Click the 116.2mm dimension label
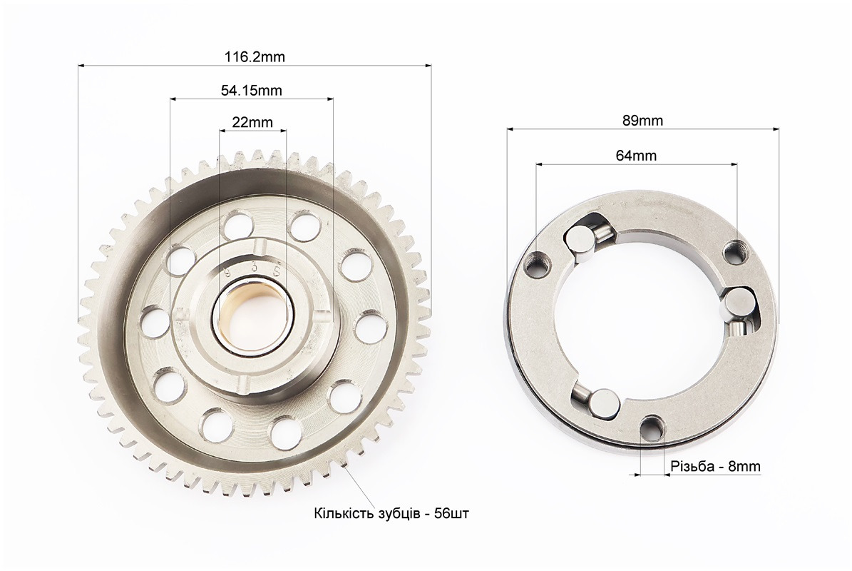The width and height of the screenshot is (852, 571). pyautogui.click(x=255, y=56)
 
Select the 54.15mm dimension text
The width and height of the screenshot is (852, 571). pyautogui.click(x=251, y=90)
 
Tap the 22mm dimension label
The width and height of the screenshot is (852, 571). pyautogui.click(x=252, y=122)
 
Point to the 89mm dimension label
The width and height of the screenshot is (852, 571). pyautogui.click(x=643, y=121)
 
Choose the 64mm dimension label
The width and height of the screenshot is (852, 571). pyautogui.click(x=636, y=156)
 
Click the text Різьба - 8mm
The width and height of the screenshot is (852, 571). pyautogui.click(x=715, y=466)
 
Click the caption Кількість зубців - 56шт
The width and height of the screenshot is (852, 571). pyautogui.click(x=391, y=513)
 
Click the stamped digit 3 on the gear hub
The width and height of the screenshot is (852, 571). pyautogui.click(x=252, y=268)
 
